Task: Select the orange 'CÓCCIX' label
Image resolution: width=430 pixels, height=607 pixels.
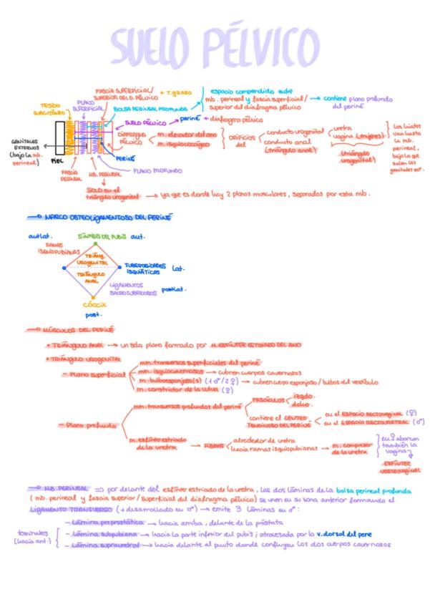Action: (94, 304)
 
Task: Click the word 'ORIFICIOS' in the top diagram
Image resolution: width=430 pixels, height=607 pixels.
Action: (240, 137)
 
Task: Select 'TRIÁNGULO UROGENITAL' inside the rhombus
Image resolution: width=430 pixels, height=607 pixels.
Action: (94, 258)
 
